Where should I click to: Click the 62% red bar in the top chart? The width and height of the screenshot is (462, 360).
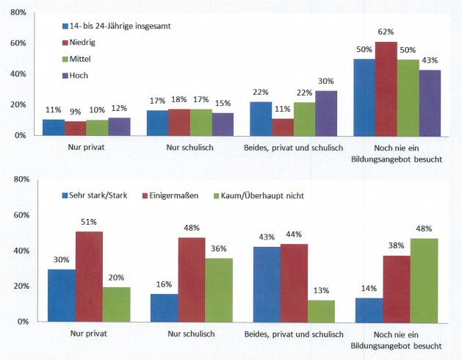[x=386, y=89]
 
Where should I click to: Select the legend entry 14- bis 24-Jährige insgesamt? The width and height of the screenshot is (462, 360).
[x=121, y=26]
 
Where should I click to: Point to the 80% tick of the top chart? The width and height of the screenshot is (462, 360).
[x=18, y=12]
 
